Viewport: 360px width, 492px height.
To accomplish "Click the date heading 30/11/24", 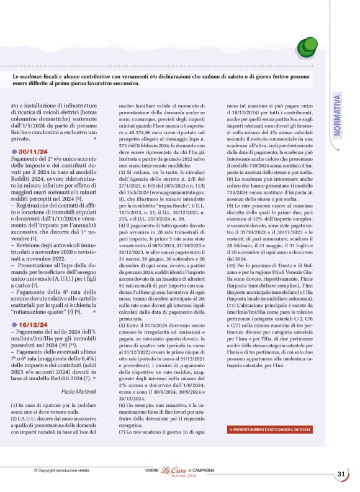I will point(38,151).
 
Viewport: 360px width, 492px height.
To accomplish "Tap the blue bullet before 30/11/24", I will point(15,151).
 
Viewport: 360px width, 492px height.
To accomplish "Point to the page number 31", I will point(341,475).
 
